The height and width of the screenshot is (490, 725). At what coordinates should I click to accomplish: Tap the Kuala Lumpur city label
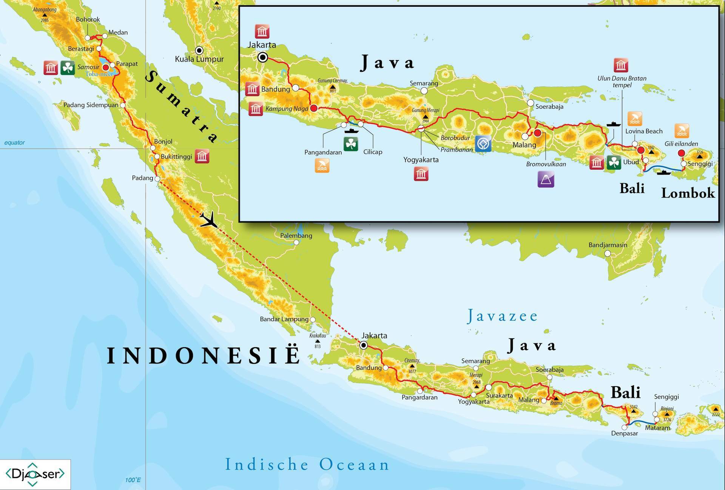[199, 59]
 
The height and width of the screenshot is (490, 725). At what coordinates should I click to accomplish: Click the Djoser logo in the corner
[35, 474]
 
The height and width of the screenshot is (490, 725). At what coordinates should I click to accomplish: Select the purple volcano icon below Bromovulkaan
[546, 179]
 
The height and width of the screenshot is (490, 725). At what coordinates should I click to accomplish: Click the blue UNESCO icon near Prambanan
[483, 144]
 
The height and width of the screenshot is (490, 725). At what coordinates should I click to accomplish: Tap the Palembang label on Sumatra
[296, 235]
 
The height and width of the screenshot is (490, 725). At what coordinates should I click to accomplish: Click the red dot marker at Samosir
[106, 67]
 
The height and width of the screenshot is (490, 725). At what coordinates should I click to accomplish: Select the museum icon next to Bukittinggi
[202, 156]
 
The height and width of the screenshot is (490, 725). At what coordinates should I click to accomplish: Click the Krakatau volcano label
[318, 335]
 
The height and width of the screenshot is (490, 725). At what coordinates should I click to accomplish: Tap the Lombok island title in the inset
[688, 193]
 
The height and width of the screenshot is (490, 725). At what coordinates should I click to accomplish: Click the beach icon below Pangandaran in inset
[322, 165]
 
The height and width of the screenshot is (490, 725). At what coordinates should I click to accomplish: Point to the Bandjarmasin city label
[608, 245]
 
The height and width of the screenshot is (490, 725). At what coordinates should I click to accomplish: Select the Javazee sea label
[502, 316]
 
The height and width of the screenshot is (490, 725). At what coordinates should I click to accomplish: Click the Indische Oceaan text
[307, 465]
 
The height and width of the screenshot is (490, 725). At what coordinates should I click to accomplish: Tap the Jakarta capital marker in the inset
[263, 57]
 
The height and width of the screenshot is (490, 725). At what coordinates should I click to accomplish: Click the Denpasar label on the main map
[624, 433]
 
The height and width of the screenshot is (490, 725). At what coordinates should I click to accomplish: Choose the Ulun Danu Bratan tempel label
[622, 82]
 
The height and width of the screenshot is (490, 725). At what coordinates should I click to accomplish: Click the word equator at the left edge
[14, 142]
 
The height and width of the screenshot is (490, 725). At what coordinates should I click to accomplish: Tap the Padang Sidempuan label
[91, 105]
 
